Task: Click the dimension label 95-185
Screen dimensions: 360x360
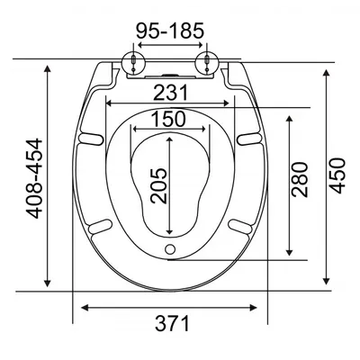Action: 170,31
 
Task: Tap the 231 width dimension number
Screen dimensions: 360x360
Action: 170,93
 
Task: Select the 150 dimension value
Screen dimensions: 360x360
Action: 168,119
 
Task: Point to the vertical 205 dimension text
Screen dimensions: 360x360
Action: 158,186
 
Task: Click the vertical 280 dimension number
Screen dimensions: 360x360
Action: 300,179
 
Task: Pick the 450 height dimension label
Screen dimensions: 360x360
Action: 337,175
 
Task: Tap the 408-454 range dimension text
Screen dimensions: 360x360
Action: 34,178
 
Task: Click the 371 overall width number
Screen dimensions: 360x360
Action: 172,323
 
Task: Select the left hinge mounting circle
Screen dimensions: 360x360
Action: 133,62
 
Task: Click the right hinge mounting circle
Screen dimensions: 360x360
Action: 207,62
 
